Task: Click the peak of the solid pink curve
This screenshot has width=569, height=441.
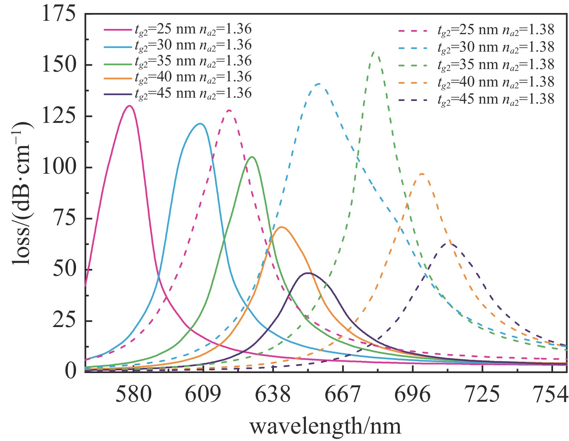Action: tap(129, 106)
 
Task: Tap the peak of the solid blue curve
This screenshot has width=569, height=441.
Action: tap(200, 124)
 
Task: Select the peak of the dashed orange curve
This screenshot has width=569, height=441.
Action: tap(421, 174)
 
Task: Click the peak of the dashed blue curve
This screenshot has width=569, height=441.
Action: tap(319, 84)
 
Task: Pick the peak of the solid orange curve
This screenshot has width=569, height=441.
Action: tap(281, 227)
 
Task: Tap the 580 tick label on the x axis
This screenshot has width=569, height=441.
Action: tap(133, 395)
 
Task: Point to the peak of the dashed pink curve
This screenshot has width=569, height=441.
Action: tap(229, 110)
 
